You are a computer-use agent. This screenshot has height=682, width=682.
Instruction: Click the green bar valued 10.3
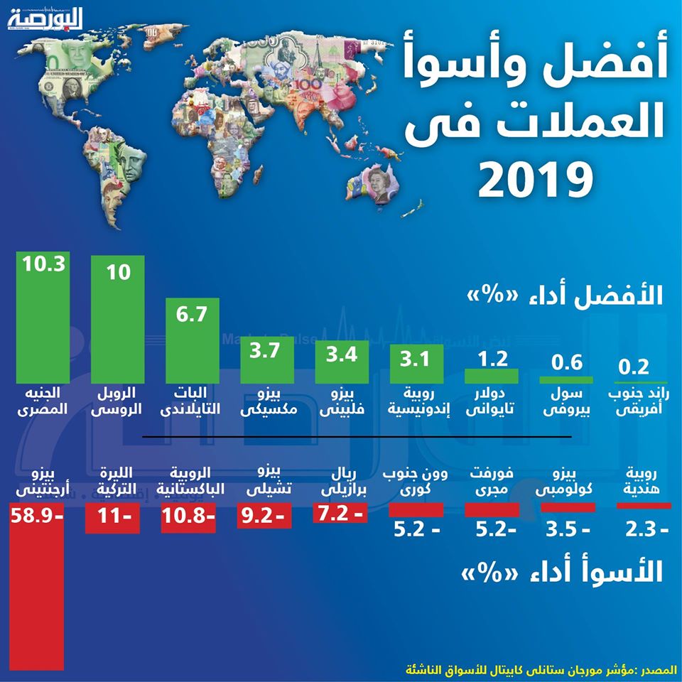coord(43,320)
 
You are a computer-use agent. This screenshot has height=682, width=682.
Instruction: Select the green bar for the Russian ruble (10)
coord(118,320)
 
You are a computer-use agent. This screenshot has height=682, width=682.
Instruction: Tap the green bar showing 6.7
coord(193,341)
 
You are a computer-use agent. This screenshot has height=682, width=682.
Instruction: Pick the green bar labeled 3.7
coord(268,362)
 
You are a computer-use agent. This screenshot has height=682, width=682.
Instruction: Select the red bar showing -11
coord(112,518)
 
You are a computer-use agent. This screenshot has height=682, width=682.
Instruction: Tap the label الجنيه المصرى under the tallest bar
coord(43,401)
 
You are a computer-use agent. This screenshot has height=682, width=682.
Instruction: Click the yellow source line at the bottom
coord(539,669)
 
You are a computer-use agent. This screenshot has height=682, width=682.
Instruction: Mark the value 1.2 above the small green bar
coord(490,359)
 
